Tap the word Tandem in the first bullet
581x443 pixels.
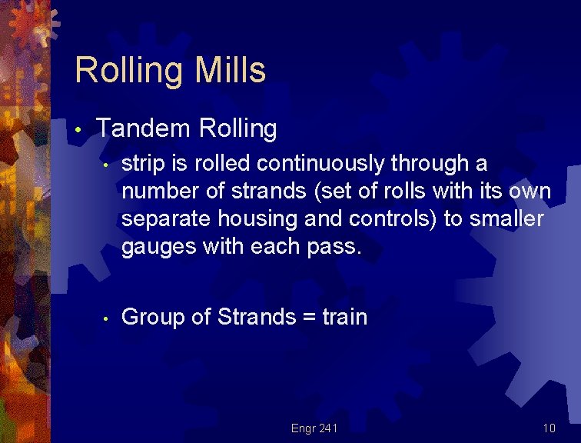[x=143, y=128]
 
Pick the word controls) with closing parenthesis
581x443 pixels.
[x=393, y=218]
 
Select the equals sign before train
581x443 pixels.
[x=307, y=318]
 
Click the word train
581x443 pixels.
[x=344, y=317]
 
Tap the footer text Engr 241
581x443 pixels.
[x=314, y=428]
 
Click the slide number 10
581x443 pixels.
[x=548, y=428]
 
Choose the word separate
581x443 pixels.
[x=168, y=219]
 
